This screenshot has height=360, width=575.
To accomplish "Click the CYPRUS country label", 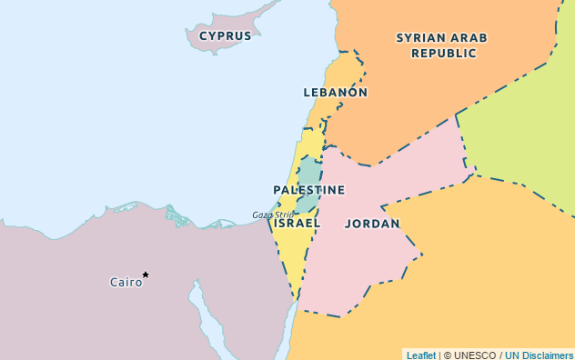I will pyautogui.click(x=225, y=36).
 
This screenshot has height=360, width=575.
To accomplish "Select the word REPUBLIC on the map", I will pyautogui.click(x=443, y=54).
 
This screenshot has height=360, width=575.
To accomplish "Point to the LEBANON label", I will pyautogui.click(x=335, y=93).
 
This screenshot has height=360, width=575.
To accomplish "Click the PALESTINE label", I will pyautogui.click(x=309, y=190).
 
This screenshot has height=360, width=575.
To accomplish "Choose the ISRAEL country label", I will pyautogui.click(x=298, y=223).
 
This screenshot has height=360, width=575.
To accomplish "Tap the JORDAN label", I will pyautogui.click(x=372, y=224).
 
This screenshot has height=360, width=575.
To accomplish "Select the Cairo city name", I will pyautogui.click(x=126, y=283).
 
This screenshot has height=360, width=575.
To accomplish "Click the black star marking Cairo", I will pyautogui.click(x=146, y=275).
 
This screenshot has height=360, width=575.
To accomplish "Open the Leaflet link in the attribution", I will pyautogui.click(x=421, y=355).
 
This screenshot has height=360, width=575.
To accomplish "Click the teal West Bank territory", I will pyautogui.click(x=309, y=173).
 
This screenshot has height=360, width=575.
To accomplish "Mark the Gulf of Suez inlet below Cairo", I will pyautogui.click(x=196, y=300).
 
